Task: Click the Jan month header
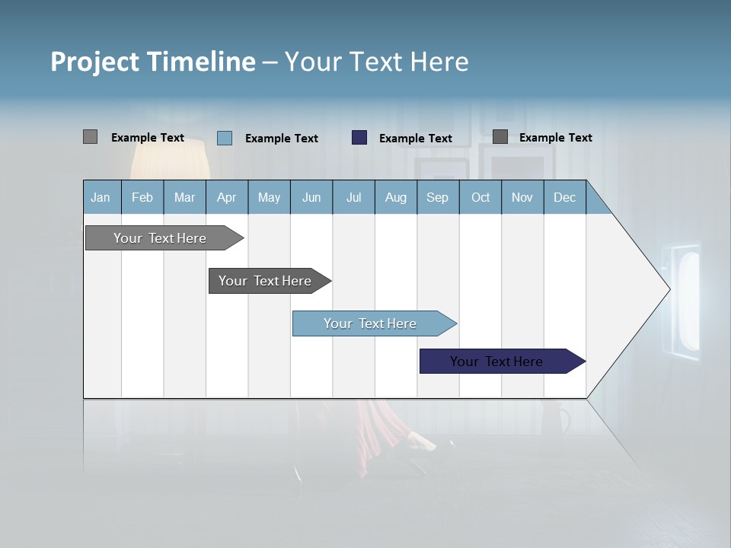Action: coord(101,197)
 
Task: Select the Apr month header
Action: coord(227,197)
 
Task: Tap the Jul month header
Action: coord(353,197)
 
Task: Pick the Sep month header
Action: coord(438,197)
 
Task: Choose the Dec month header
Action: coord(564,197)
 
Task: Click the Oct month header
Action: coord(480,197)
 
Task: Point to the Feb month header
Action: coord(142,197)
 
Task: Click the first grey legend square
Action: coord(90,137)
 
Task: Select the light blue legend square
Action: coord(224,138)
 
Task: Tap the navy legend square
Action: coord(359,138)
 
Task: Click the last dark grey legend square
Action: coord(500,137)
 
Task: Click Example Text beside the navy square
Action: coord(415,139)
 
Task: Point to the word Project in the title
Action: coord(95,62)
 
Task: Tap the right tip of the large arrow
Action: coord(668,289)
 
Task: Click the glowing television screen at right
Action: coord(688,301)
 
